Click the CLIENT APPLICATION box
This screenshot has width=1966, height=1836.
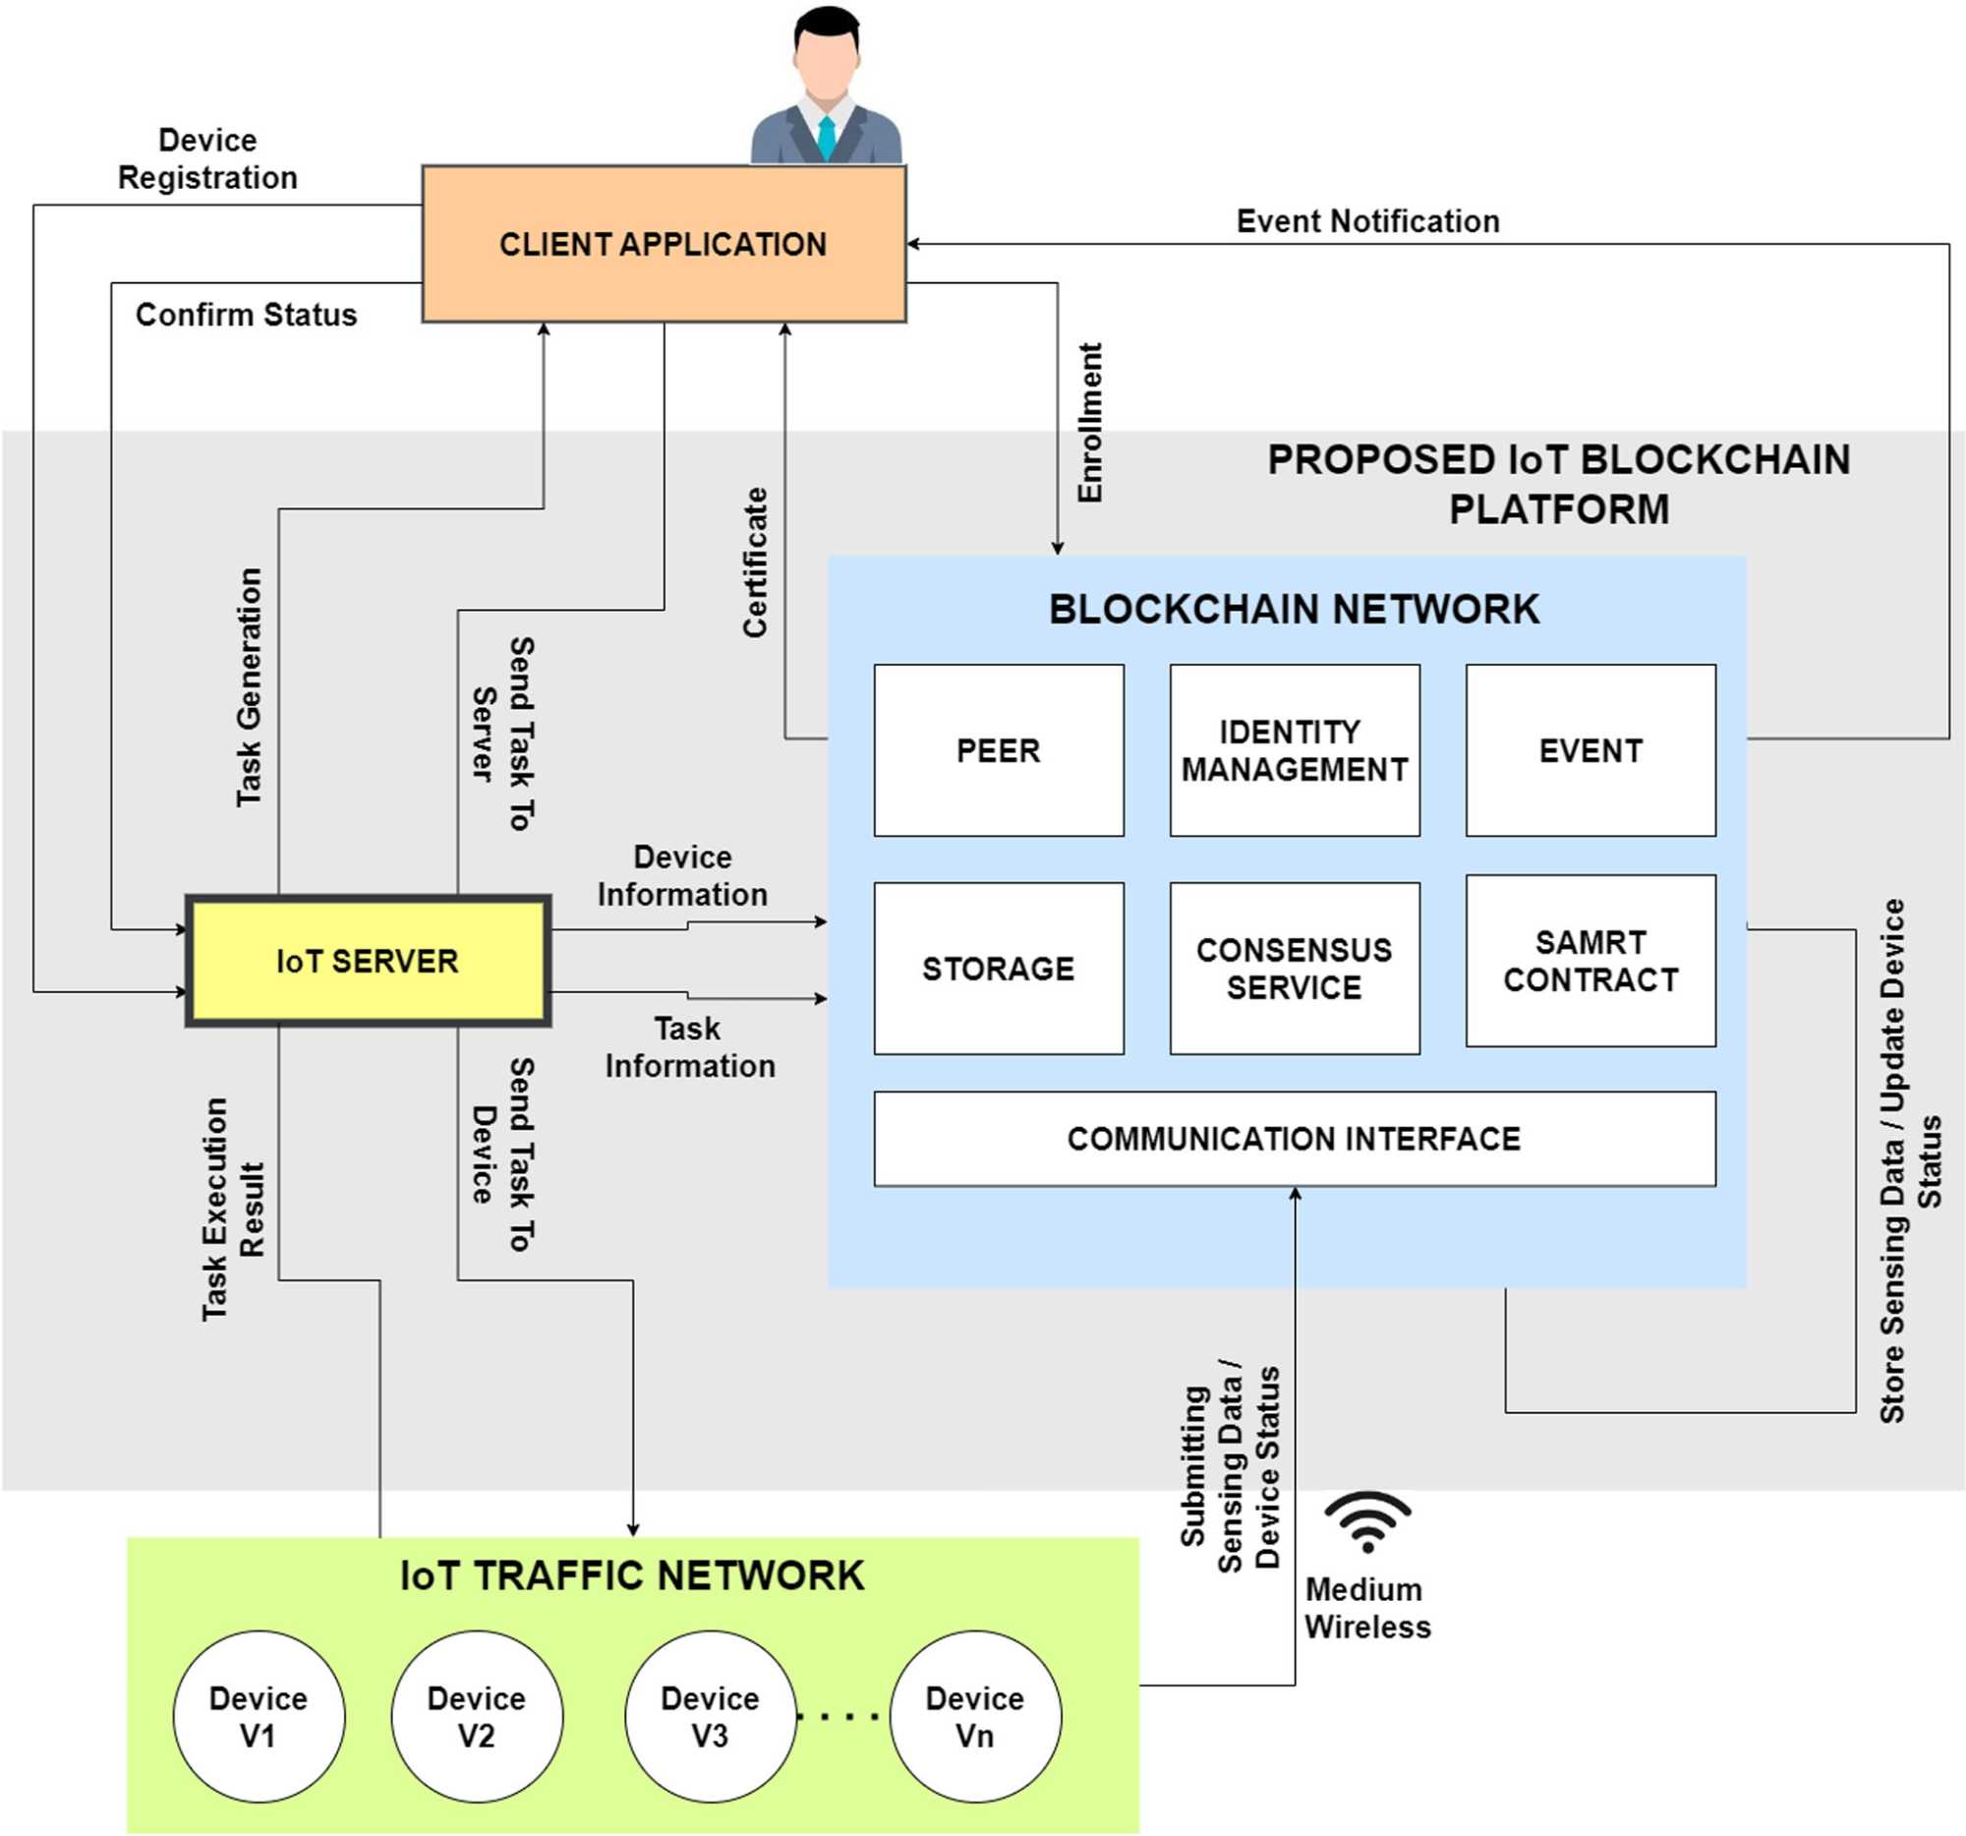664,243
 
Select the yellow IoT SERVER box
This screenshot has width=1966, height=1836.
368,961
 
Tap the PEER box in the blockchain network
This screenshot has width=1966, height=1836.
998,749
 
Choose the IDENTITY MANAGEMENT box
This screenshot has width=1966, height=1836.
1294,749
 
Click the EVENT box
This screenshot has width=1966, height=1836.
1590,749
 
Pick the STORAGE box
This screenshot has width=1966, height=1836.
998,968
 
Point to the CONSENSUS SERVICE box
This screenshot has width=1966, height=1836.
1294,968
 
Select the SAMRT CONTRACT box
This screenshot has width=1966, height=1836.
1590,960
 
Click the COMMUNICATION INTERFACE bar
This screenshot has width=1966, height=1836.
1294,1138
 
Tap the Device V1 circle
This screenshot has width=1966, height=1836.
259,1715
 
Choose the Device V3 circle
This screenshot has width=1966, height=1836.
710,1715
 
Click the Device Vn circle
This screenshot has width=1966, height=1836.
974,1715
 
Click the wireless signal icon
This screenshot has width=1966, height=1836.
1366,1521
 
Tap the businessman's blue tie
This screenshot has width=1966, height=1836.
826,138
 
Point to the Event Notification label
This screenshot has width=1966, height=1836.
1366,220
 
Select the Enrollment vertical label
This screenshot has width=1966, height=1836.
1089,423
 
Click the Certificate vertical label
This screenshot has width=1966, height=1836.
755,561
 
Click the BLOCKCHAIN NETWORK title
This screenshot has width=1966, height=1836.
1294,609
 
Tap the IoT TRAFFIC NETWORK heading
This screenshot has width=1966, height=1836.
632,1574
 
